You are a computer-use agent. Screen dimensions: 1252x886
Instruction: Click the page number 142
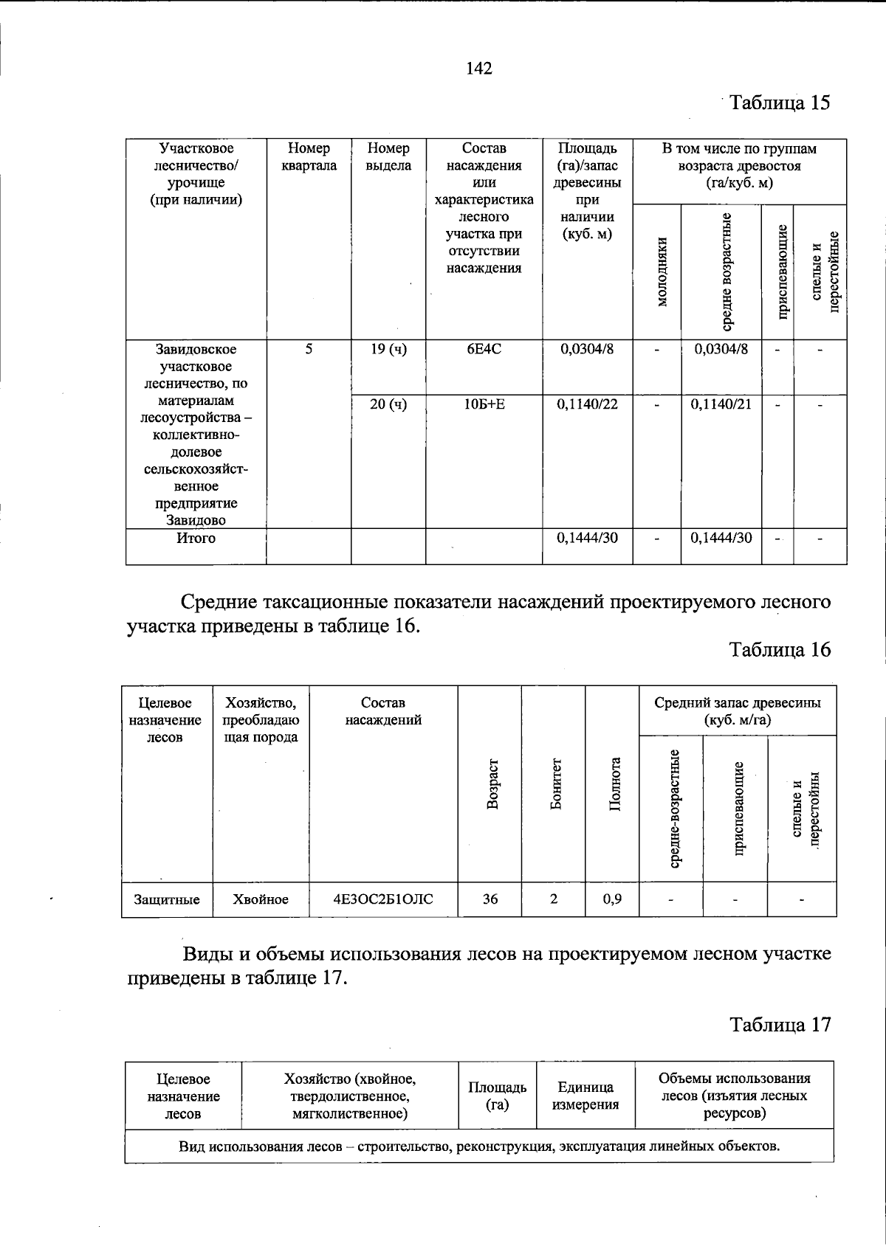coord(479,69)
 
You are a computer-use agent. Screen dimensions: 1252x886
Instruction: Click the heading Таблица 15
coord(780,102)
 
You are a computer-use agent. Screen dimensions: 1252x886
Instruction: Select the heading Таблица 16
coord(780,649)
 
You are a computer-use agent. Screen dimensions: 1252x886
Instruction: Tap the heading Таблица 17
coord(780,1024)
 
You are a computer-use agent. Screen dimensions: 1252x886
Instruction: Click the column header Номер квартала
coord(309,157)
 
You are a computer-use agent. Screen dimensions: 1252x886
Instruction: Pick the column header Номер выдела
coord(388,157)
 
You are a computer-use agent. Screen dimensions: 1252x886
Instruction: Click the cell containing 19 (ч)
coord(388,349)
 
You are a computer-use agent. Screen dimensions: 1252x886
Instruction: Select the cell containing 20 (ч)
coord(388,404)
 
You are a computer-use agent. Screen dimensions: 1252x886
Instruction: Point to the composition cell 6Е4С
coord(484,349)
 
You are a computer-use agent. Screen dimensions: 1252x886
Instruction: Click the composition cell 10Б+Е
coord(484,404)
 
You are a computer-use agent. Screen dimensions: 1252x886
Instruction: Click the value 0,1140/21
coord(721,404)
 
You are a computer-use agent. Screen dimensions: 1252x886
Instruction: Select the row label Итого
coord(196,539)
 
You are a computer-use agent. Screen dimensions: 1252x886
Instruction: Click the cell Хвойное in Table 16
coord(260,899)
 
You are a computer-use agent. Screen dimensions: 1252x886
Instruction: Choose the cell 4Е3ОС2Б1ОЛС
coord(383,899)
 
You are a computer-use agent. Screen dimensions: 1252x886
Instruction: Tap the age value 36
coord(490,899)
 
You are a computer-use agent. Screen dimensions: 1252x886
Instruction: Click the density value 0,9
coord(611,899)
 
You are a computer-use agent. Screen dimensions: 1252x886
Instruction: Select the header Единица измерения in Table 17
coord(585,1096)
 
